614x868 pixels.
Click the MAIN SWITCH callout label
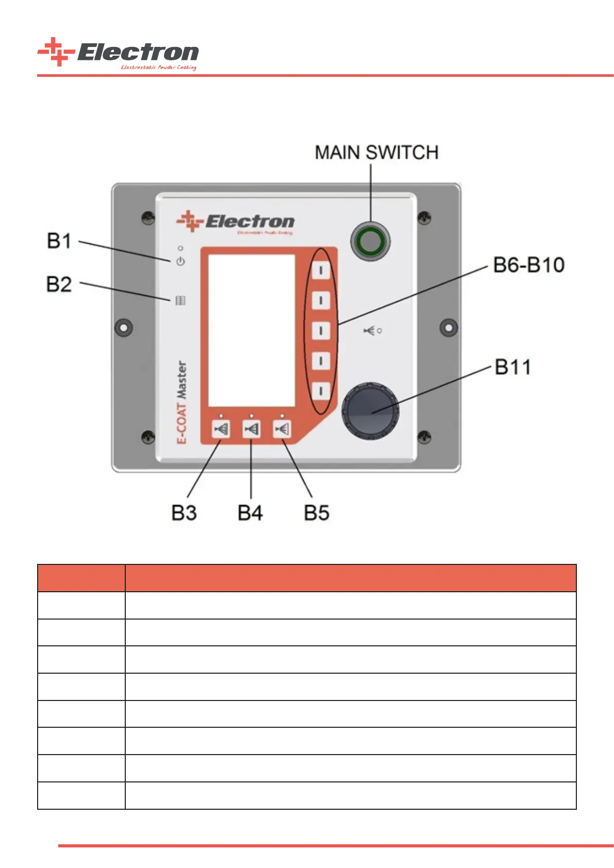coord(376,153)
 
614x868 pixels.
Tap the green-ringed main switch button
coord(370,241)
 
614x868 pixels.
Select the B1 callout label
coord(59,241)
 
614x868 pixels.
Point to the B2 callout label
coord(59,285)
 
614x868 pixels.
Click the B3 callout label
coord(184,513)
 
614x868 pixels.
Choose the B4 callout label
coord(250,513)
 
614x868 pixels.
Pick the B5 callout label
coord(317,513)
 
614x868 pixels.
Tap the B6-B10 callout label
coord(529,265)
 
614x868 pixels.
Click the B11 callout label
coord(512,368)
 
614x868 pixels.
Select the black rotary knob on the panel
coord(370,410)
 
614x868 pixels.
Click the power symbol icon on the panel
coord(180,262)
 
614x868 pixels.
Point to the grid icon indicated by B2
coord(180,301)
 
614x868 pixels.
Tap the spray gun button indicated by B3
coord(221,429)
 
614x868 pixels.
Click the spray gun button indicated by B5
coord(282,429)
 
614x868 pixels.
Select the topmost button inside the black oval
coord(321,270)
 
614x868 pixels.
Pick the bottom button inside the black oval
coord(321,390)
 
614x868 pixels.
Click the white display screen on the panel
coord(252,330)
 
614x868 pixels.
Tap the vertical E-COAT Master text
coord(181,402)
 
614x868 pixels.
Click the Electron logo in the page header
coord(118,53)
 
